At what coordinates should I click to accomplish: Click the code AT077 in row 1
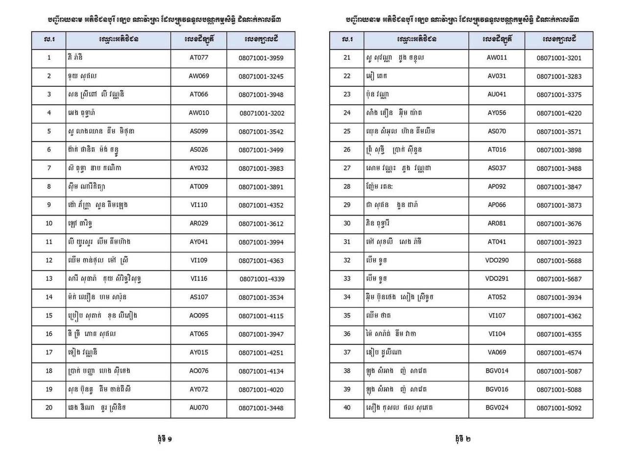(199, 57)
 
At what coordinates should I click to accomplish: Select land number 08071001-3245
(261, 76)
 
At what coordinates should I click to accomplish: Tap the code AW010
(199, 113)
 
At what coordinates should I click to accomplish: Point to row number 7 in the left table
(49, 168)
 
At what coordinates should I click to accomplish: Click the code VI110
(199, 205)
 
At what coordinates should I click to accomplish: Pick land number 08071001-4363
(261, 261)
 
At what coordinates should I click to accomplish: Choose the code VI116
(199, 278)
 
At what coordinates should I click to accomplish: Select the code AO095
(199, 316)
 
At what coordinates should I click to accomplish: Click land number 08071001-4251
(261, 353)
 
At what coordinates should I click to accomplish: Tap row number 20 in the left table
(49, 408)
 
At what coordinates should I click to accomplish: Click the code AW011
(497, 57)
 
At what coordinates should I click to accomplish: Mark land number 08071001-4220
(559, 113)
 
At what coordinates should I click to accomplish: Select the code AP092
(497, 186)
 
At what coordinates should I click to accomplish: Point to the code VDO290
(497, 260)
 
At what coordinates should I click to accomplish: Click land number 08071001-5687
(559, 279)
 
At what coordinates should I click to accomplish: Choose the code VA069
(497, 352)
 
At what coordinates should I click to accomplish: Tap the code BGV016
(497, 389)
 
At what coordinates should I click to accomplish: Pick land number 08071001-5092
(559, 408)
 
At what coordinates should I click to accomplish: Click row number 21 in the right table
(347, 57)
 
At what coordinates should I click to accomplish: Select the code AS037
(497, 168)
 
